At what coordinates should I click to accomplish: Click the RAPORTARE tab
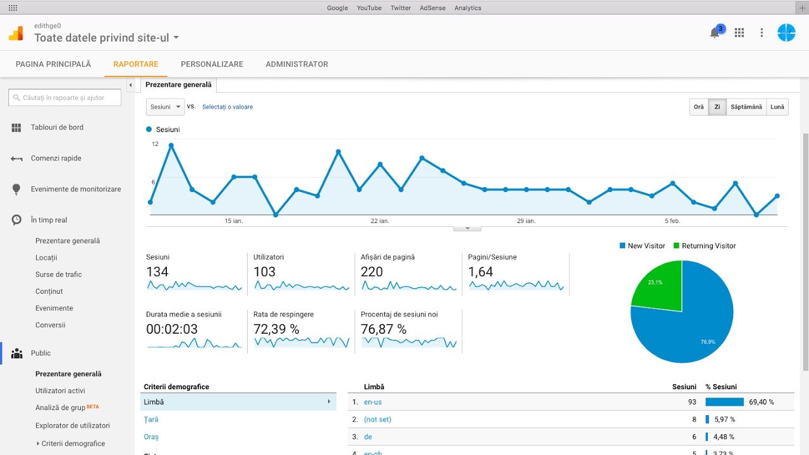coord(136,64)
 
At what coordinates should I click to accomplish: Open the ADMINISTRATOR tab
coord(296,64)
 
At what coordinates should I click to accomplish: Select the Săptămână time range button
coord(746,107)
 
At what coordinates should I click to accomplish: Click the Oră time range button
coord(698,107)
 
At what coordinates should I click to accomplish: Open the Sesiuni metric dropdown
coord(165,107)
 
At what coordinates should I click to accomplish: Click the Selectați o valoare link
coord(228,107)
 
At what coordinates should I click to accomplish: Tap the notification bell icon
coord(715,33)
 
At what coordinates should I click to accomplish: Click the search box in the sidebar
coord(65,97)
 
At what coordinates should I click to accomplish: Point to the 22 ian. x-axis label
coord(379,221)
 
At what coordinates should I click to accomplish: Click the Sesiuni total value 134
coord(157,272)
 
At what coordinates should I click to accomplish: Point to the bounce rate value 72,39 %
coord(276,329)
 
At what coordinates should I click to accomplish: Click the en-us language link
coord(373,402)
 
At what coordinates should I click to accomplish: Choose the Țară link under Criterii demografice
coord(151,420)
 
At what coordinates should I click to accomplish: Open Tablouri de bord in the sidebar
coord(57,128)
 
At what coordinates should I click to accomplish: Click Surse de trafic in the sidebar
coord(59,274)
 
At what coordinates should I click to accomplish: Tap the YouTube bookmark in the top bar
coord(369,8)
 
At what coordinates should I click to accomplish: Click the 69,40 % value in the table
coord(762,402)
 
